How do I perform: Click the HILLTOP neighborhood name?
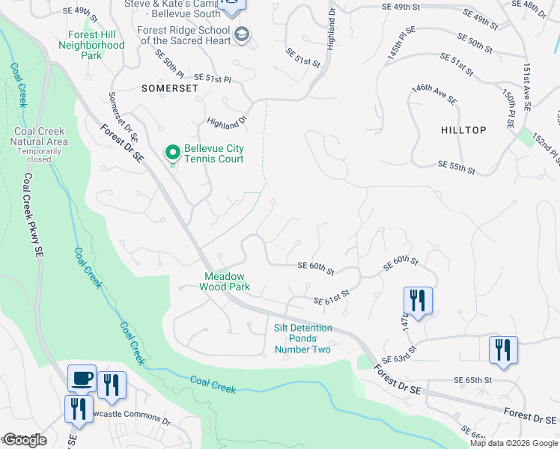[x=464, y=130]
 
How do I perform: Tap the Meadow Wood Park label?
[x=227, y=281]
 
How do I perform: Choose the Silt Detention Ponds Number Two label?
[x=302, y=338]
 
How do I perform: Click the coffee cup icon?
[x=82, y=378]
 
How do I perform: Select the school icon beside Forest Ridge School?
[x=242, y=34]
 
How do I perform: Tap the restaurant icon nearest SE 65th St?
[x=503, y=350]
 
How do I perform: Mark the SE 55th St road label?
[x=456, y=167]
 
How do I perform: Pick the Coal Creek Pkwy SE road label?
[x=32, y=216]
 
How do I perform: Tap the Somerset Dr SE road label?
[x=124, y=117]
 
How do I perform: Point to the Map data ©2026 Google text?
[x=513, y=443]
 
